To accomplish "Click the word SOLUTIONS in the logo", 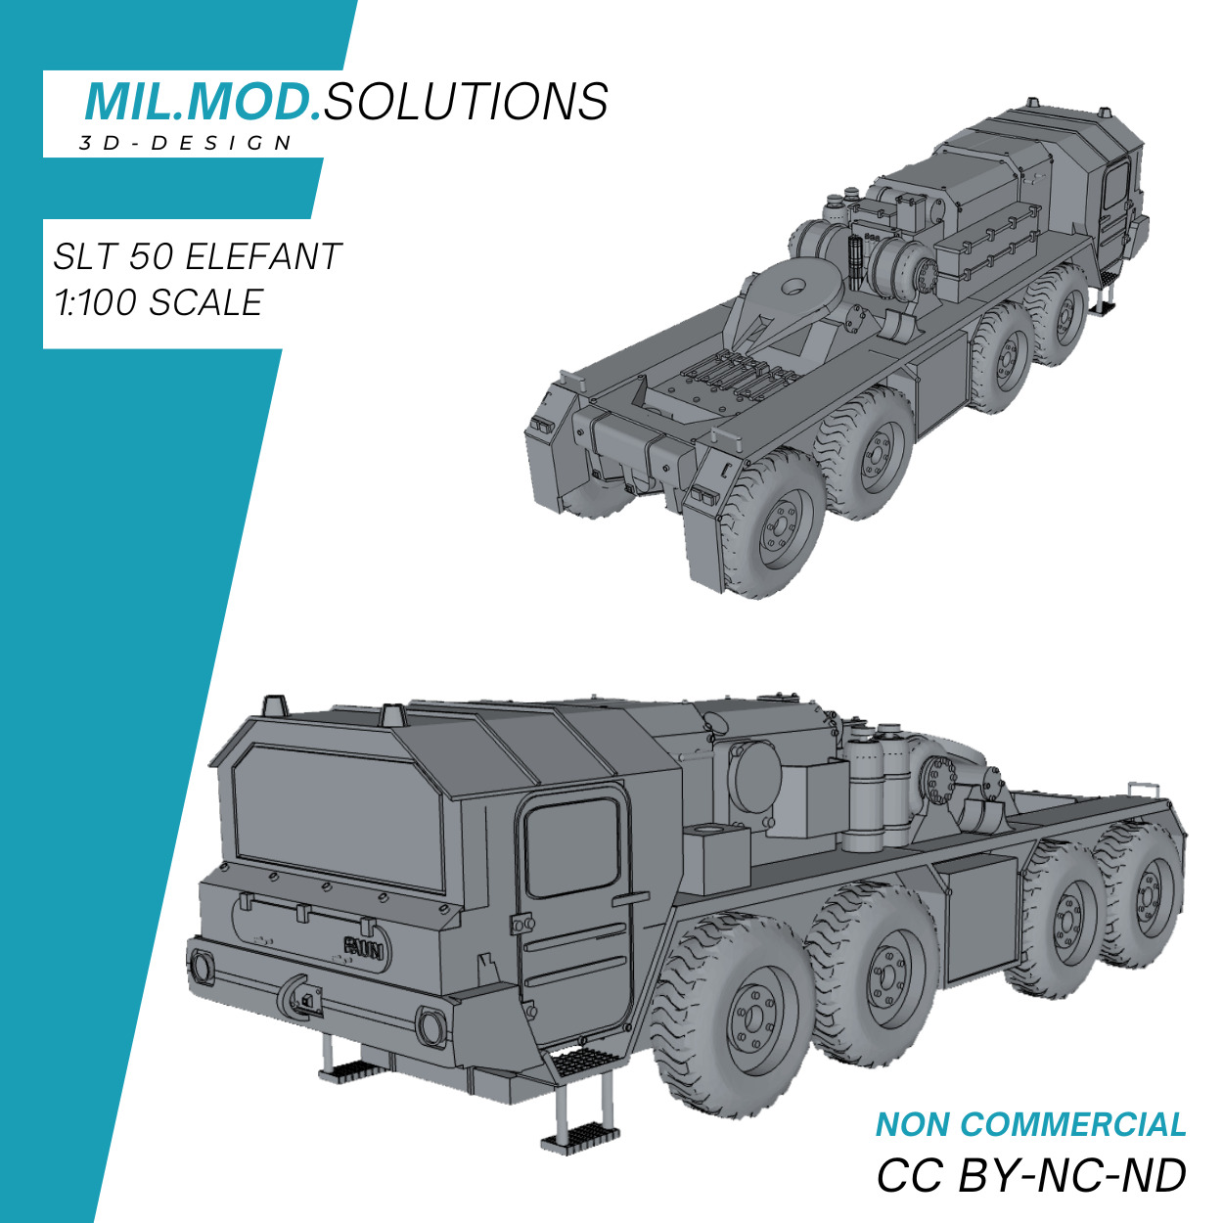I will tap(466, 102).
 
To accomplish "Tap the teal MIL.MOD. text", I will tap(203, 102).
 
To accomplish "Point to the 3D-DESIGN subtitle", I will tap(186, 144).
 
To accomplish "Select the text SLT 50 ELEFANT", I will tap(197, 257).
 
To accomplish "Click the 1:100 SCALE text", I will tap(159, 303).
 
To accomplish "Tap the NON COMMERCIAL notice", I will tap(1030, 1125).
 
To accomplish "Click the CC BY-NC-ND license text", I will tap(1030, 1175).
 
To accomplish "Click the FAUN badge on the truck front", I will tap(364, 947).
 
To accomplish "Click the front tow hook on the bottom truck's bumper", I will tap(299, 998).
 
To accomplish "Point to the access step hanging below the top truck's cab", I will tap(1104, 298).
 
